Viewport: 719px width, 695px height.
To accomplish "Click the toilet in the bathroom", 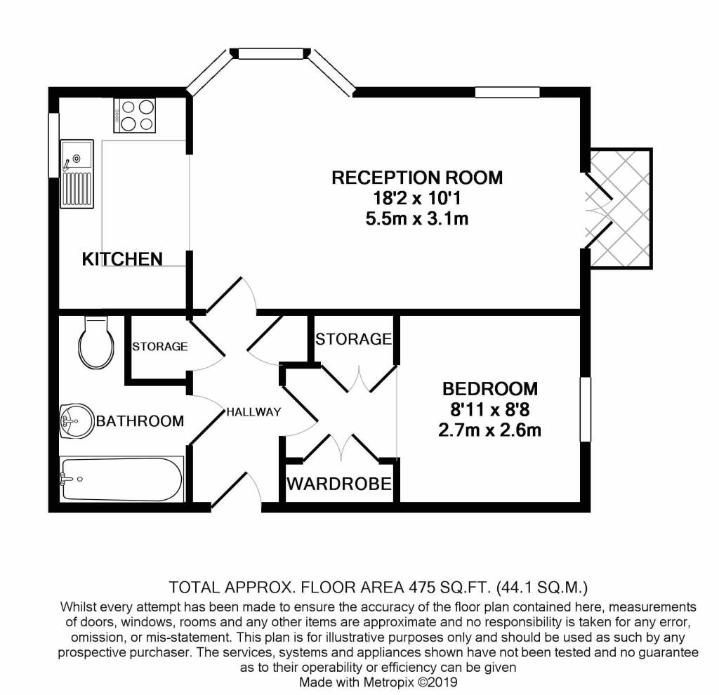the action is [x=96, y=342].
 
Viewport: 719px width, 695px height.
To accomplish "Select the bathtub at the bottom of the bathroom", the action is [x=122, y=479].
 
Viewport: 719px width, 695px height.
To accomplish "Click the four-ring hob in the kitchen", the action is [x=135, y=116].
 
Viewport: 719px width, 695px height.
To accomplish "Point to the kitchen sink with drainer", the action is [x=77, y=174].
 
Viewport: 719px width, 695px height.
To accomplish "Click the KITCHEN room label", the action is [x=122, y=260].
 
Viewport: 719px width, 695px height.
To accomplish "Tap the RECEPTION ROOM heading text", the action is [x=417, y=178].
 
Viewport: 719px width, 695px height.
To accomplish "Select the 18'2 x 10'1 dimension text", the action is [x=417, y=199].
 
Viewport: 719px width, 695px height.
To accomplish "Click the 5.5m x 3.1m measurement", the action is [x=417, y=218].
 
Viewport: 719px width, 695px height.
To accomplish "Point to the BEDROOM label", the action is [x=489, y=389].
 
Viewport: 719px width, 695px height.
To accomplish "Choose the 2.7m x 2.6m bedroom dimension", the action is [x=489, y=430].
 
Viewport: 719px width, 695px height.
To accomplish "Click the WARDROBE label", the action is [x=339, y=484].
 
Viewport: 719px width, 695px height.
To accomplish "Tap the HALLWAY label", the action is [x=253, y=412].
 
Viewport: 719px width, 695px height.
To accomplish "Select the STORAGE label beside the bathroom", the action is [x=160, y=347].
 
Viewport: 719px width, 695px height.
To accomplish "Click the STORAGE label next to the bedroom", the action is [x=354, y=339].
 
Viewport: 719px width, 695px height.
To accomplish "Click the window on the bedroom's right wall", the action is [x=586, y=409].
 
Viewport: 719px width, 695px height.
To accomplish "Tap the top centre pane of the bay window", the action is [x=271, y=53].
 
